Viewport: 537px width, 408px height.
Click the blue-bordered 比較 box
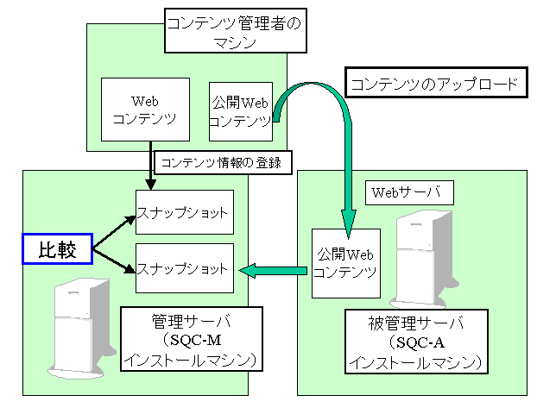click(57, 249)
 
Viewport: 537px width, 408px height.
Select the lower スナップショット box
click(184, 269)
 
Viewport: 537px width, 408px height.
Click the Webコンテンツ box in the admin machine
click(144, 110)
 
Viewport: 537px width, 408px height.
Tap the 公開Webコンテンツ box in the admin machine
click(241, 110)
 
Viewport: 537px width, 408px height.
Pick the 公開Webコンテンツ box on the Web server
click(345, 262)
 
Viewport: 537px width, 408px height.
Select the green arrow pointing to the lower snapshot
click(272, 271)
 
